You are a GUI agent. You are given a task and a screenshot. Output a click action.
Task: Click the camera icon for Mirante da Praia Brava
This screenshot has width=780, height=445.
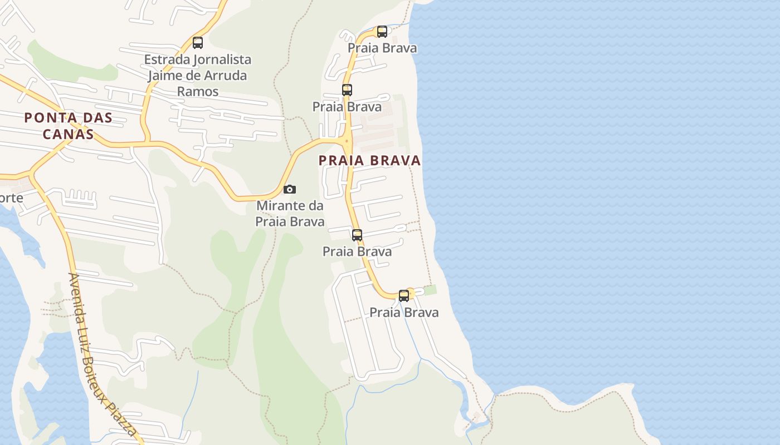[x=290, y=190]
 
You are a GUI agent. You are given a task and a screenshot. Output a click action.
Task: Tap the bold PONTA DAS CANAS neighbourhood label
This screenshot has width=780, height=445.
[x=68, y=126]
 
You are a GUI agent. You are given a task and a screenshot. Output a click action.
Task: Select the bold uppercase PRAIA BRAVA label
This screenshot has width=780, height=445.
[x=369, y=161]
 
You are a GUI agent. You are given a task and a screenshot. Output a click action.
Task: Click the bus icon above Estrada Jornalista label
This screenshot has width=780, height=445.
[x=198, y=42]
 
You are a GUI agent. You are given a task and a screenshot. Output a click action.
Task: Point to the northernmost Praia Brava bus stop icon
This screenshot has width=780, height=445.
[x=382, y=32]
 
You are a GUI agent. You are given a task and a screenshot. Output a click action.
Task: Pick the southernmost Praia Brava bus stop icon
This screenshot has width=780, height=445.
[x=404, y=296]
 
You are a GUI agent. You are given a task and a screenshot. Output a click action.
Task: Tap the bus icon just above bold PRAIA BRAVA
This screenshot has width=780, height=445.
[x=347, y=90]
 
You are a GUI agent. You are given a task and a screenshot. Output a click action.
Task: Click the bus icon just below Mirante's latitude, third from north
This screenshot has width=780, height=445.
[x=357, y=235]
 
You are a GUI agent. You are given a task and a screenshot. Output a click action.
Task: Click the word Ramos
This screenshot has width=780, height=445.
[x=198, y=91]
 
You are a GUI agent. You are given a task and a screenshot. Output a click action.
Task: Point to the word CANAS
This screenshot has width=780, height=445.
[x=68, y=134]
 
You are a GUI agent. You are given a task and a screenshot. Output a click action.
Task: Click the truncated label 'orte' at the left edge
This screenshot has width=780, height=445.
[x=11, y=198]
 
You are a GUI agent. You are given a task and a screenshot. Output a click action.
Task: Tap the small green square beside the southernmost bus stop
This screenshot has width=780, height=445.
[x=430, y=290]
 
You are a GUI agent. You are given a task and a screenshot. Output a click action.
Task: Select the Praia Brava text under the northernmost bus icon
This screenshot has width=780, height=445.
[x=382, y=48]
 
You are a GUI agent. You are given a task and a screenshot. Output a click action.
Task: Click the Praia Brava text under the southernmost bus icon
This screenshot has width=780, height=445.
[x=404, y=313]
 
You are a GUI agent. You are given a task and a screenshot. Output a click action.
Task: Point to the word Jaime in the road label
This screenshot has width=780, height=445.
[x=163, y=76]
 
